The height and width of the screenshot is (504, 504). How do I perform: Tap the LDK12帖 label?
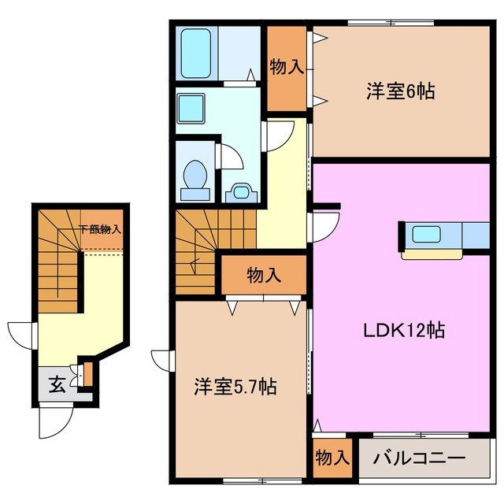click(404, 329)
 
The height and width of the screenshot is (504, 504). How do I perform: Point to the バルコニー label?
click(419, 458)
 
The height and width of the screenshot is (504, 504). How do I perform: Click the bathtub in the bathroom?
click(195, 53)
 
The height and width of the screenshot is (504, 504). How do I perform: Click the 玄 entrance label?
click(57, 385)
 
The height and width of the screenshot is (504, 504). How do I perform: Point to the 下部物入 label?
click(100, 230)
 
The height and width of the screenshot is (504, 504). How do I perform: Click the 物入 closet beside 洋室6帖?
click(287, 68)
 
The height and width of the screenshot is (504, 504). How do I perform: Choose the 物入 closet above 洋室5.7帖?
click(263, 276)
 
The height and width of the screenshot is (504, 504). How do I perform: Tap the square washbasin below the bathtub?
click(191, 107)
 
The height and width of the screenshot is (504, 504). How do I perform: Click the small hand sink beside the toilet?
click(241, 191)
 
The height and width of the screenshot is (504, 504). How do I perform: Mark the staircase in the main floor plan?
click(195, 249)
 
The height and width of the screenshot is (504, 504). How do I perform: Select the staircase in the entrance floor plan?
click(55, 260)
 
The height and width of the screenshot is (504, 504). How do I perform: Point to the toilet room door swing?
click(229, 154)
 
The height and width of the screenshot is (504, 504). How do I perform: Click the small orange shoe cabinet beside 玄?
click(87, 373)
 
